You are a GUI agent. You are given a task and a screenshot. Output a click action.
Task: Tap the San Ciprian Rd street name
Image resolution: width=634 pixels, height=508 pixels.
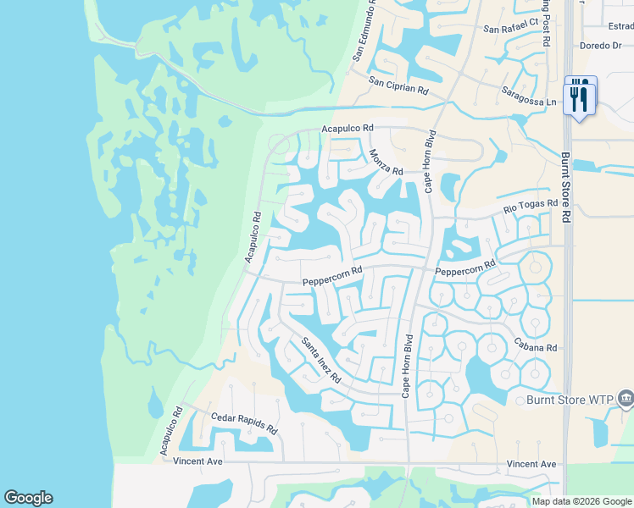coord(398,85)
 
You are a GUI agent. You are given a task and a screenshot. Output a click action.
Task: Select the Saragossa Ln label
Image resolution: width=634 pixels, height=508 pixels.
coord(529,97)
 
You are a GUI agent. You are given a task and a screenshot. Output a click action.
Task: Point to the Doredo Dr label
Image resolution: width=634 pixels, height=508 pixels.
coord(600,46)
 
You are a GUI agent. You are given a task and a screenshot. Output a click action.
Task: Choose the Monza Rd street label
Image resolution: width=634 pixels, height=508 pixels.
coord(386,162)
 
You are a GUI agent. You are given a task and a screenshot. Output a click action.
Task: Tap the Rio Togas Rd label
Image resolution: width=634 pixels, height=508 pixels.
coord(531,205)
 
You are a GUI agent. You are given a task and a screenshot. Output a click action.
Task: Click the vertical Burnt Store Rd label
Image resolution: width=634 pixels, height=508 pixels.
coord(566,187)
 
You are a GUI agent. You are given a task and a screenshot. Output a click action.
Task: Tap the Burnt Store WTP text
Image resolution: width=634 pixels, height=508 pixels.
coord(569,400)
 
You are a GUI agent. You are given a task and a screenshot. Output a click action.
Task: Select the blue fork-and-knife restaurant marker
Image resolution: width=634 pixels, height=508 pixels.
coord(581,96)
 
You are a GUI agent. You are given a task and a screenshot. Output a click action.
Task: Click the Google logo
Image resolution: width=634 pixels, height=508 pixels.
coord(28,498)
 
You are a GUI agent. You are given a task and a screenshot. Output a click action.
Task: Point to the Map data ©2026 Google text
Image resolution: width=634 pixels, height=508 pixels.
coord(582,501)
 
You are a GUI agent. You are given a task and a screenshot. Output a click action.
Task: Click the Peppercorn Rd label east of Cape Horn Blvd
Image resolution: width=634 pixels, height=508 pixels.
coord(464,271)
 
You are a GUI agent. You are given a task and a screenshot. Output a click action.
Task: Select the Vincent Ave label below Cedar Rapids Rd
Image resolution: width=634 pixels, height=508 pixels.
coord(197,462)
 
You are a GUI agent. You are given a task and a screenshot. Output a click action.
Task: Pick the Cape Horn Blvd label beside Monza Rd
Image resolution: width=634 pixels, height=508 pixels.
coord(429,162)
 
